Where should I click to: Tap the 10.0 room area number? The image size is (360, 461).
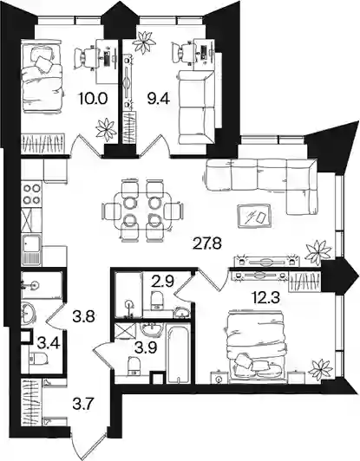[92, 99]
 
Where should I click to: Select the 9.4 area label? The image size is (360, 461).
[159, 99]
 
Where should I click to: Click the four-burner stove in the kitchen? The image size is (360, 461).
[32, 193]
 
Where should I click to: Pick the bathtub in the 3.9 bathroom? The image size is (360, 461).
[177, 353]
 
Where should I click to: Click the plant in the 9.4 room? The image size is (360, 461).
[144, 42]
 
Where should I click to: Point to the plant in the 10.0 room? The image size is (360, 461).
[106, 128]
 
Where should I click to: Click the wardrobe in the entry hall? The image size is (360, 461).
[31, 401]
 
